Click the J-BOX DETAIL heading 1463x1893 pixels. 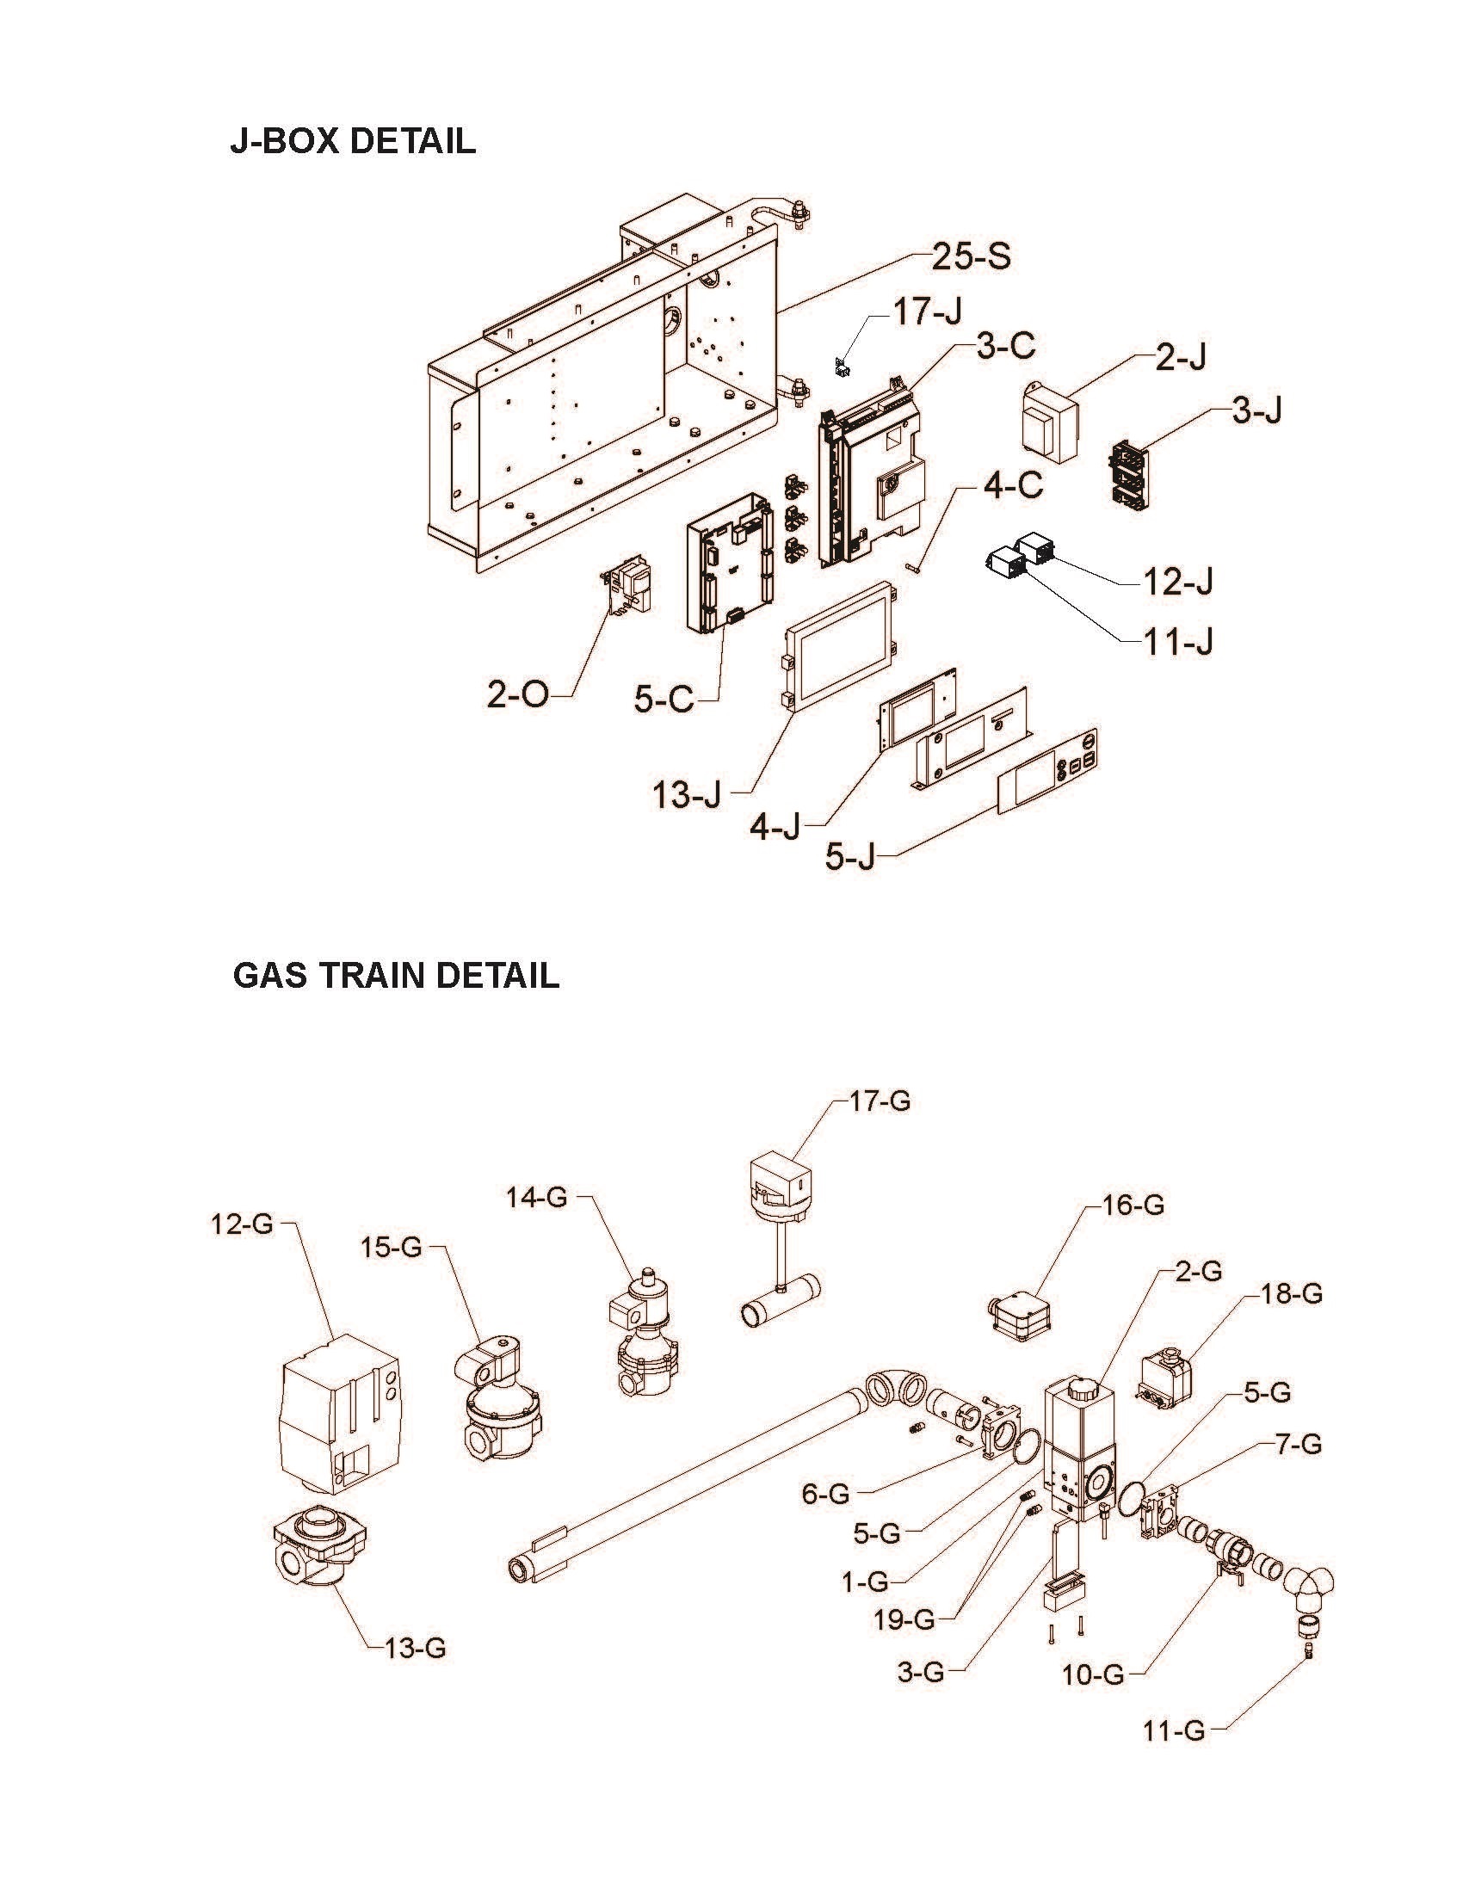353,141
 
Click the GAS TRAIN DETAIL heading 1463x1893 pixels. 395,976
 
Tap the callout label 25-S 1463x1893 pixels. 971,256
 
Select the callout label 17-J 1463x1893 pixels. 927,311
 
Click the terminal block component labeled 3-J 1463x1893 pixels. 1132,475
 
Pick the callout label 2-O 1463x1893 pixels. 517,695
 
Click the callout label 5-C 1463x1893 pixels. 664,700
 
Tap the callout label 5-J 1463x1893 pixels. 849,857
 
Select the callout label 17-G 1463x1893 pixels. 880,1102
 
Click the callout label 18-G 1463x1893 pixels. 1291,1294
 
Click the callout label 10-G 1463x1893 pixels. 1092,1675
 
